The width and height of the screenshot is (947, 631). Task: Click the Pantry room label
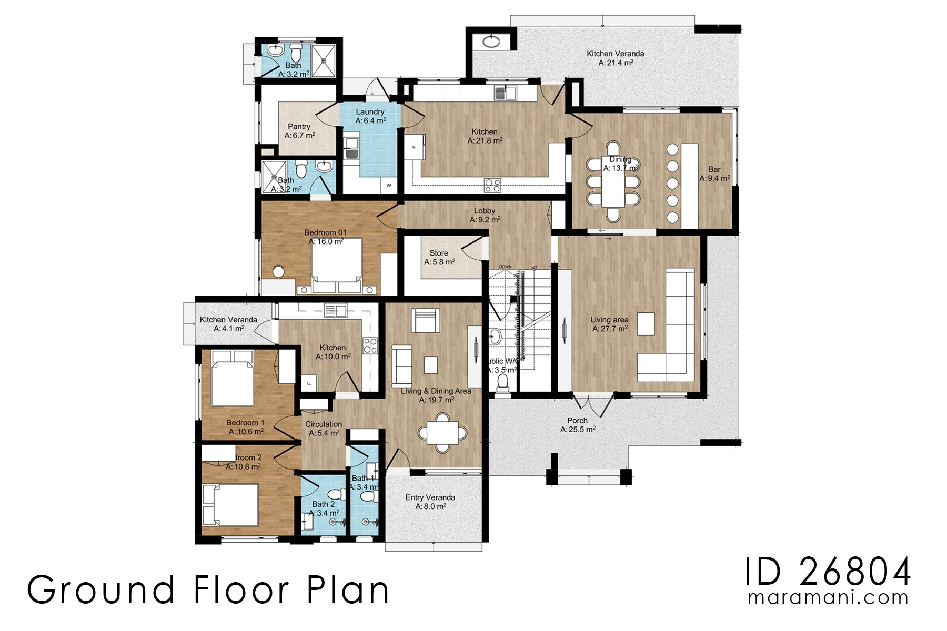[299, 131]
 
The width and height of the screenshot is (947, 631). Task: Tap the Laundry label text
[370, 116]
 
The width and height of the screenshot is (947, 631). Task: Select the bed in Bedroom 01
[337, 266]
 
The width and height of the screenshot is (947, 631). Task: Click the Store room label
[439, 257]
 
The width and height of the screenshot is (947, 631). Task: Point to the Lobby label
[485, 215]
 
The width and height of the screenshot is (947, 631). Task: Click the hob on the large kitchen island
[492, 185]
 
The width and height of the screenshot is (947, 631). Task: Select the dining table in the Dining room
[613, 181]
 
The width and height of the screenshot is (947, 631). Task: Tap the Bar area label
[714, 174]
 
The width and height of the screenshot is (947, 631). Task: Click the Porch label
[577, 424]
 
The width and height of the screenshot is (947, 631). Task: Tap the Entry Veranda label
[430, 502]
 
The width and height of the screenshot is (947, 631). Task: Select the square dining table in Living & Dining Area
[442, 433]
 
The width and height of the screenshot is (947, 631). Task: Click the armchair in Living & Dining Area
[425, 320]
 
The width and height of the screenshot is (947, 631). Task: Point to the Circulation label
[323, 428]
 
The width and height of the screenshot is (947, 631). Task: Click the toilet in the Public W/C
[503, 383]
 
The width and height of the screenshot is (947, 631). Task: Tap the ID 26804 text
[827, 572]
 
